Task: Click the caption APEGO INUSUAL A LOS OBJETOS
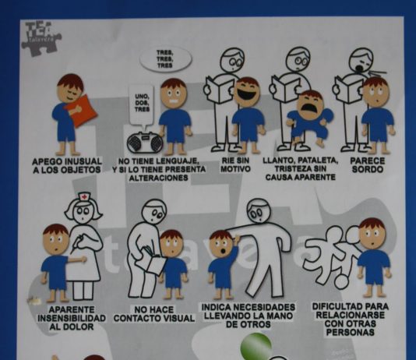pos(67,166)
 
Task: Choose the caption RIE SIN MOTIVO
pos(225,165)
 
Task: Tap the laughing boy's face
pos(247,93)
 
